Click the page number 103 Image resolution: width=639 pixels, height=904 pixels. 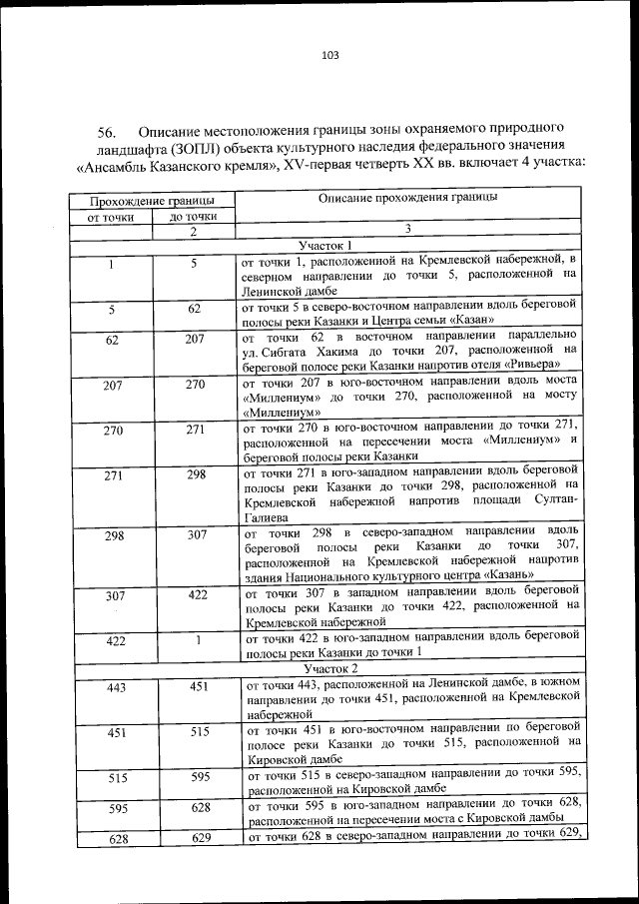330,55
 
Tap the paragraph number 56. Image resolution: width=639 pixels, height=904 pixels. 108,132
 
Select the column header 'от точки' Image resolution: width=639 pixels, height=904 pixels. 111,216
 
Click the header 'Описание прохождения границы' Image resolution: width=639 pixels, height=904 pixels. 407,199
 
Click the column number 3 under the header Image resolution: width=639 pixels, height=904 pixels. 407,231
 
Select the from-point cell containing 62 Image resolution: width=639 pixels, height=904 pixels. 112,340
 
